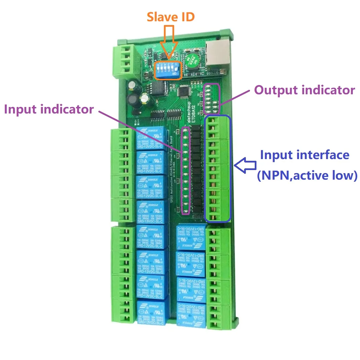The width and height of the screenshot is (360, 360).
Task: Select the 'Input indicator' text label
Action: pyautogui.click(x=49, y=109)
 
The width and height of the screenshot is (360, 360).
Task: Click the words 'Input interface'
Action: pyautogui.click(x=304, y=155)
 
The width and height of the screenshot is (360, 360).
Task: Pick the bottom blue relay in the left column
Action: pyautogui.click(x=150, y=312)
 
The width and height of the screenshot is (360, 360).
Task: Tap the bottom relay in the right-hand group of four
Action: pyautogui.click(x=191, y=313)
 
